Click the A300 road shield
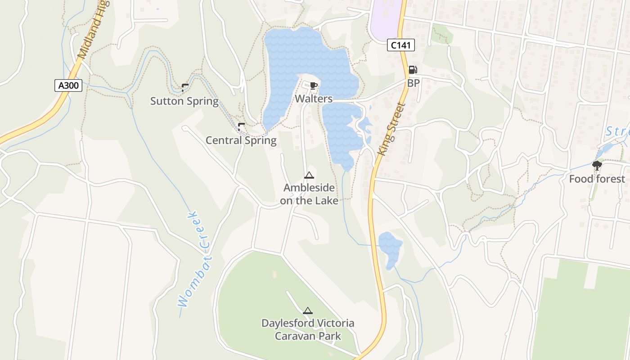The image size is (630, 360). (68, 85)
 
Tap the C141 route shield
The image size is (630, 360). (400, 45)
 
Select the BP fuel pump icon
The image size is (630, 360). (413, 70)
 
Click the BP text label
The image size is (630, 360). (413, 83)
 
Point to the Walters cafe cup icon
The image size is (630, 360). (314, 85)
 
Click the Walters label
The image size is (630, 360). (314, 99)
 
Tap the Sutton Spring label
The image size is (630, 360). (184, 101)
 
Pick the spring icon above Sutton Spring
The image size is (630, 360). (184, 86)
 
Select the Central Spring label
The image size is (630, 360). (241, 140)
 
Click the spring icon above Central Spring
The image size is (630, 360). (241, 126)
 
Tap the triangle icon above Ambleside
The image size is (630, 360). (309, 175)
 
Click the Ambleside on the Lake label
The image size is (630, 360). (309, 194)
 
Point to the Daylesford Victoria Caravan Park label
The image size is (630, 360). (308, 329)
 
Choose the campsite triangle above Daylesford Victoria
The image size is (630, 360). (308, 310)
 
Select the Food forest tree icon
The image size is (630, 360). (597, 166)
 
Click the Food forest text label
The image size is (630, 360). (597, 179)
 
